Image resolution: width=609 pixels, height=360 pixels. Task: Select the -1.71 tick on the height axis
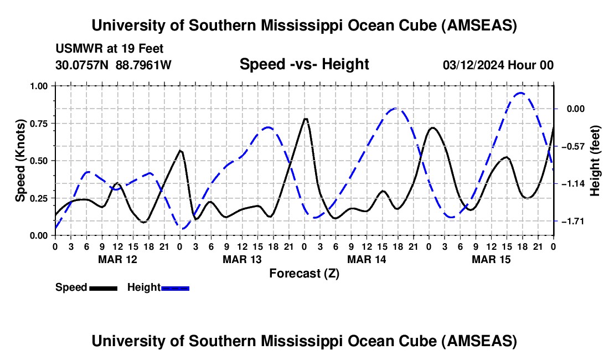point(573,222)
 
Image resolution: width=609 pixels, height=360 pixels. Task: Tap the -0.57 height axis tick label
point(573,146)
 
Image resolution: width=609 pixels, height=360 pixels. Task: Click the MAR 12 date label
point(117,259)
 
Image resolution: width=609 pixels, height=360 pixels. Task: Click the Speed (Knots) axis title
point(20,161)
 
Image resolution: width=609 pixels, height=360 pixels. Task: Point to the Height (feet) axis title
point(596,161)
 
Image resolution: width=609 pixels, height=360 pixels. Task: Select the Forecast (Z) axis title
point(304,273)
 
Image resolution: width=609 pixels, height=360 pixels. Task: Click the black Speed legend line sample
point(103,287)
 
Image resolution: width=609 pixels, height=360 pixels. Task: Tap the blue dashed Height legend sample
point(175,287)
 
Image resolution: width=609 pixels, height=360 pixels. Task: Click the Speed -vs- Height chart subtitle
point(304,64)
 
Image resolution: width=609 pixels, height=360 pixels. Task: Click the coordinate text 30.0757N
point(84,65)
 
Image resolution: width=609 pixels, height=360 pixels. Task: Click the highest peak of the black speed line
point(305,119)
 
